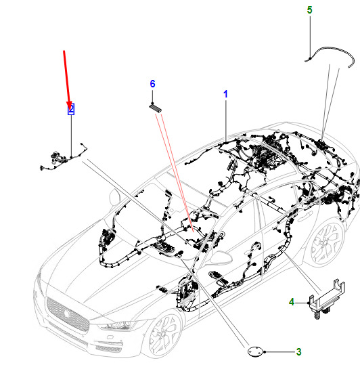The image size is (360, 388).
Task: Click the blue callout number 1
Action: point(225,94)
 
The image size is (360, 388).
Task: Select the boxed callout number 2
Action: point(71,109)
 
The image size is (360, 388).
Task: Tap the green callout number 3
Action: point(298,351)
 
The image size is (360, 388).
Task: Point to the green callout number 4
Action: point(292,302)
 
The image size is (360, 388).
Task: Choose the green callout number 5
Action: point(309,10)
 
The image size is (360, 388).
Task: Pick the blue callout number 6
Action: point(152,84)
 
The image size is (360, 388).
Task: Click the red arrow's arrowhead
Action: point(69,106)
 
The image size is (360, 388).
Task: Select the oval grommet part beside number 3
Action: point(255,351)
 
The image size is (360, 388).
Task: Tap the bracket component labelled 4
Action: point(326,299)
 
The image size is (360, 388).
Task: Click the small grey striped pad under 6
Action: point(155,108)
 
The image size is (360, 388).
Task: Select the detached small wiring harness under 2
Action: point(63,158)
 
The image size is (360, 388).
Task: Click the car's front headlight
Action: point(116,324)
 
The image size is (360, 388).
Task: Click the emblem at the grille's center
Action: point(66,313)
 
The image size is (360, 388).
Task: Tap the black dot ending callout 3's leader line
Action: point(265,351)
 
